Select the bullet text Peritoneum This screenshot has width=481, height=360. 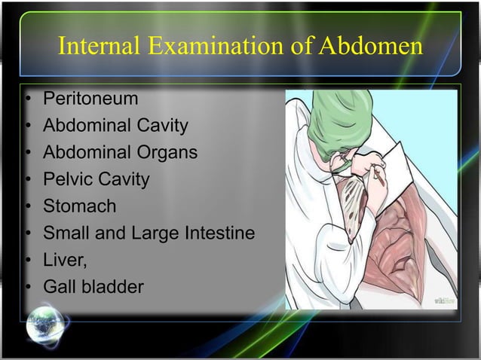click(90, 99)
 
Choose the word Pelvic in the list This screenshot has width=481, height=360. click(67, 180)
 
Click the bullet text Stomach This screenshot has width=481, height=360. click(79, 206)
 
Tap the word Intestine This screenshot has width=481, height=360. click(218, 233)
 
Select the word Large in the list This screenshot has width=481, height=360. click(156, 233)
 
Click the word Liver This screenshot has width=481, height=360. click(64, 260)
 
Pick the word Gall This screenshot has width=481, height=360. click(59, 287)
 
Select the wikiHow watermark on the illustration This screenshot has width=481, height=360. click(443, 301)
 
